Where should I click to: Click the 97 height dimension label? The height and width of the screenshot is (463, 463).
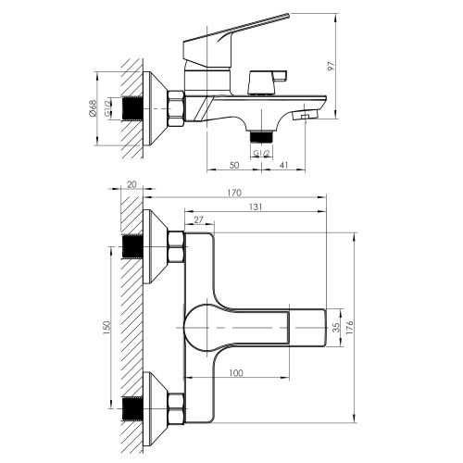(331, 66)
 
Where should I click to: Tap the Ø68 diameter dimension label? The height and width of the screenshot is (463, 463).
(93, 108)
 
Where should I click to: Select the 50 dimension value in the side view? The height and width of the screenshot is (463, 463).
(234, 165)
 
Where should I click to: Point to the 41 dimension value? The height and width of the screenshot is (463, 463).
(283, 165)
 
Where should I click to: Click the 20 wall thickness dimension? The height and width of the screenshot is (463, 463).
(131, 184)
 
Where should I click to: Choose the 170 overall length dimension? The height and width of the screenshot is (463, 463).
(234, 193)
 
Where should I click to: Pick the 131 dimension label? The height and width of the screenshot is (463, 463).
(256, 206)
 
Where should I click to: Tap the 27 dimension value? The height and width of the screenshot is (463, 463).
(198, 219)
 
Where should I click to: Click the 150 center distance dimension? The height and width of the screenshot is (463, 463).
(106, 328)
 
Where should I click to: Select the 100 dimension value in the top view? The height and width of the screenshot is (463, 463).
(236, 373)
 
